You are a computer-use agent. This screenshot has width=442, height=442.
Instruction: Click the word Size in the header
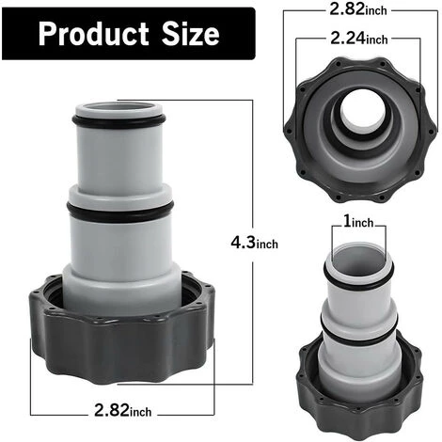(188, 36)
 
